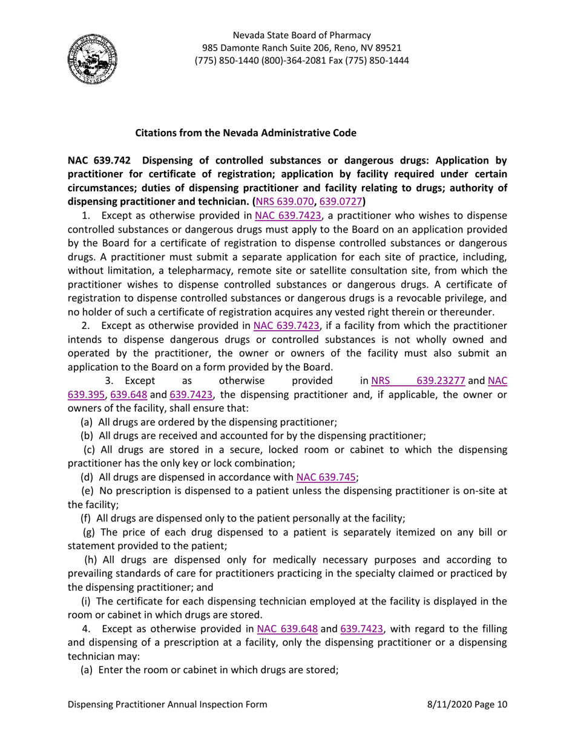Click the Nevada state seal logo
92,59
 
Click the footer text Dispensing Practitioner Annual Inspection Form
167,704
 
